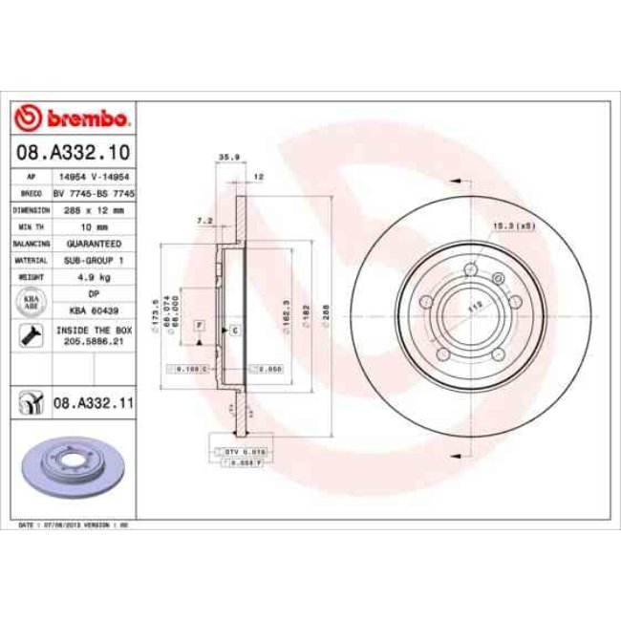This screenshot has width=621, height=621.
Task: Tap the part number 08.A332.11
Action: pos(93,404)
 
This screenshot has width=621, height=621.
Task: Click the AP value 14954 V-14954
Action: pos(94,178)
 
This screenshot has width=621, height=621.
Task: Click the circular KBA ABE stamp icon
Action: pos(30,302)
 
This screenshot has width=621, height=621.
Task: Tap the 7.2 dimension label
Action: pos(203,220)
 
